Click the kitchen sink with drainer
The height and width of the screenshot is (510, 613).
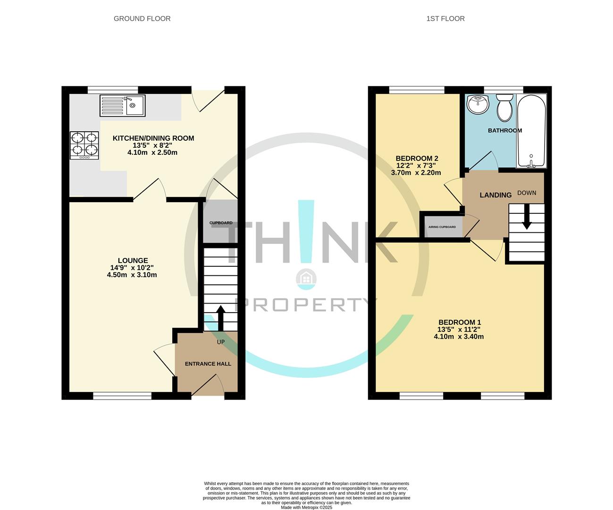[x=123, y=105]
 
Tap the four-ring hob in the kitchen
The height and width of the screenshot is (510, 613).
[x=85, y=144]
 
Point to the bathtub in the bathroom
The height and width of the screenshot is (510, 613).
[x=531, y=131]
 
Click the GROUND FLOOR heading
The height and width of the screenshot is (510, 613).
[x=142, y=18]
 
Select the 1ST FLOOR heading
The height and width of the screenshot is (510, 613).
[x=445, y=18]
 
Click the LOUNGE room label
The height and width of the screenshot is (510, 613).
[x=133, y=260]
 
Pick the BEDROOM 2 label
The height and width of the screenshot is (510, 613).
[x=417, y=158]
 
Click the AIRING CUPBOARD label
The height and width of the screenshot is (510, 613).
[x=442, y=227]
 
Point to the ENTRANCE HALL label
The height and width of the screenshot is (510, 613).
[x=208, y=364]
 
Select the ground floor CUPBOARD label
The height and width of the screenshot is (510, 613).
[x=221, y=223]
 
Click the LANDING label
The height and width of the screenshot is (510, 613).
[x=495, y=195]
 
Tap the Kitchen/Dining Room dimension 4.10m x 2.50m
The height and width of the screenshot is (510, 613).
[x=152, y=153]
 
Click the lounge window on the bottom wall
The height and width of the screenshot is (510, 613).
[x=123, y=396]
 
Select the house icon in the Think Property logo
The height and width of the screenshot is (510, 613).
[x=306, y=279]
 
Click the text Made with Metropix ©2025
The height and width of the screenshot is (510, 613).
[x=306, y=508]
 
